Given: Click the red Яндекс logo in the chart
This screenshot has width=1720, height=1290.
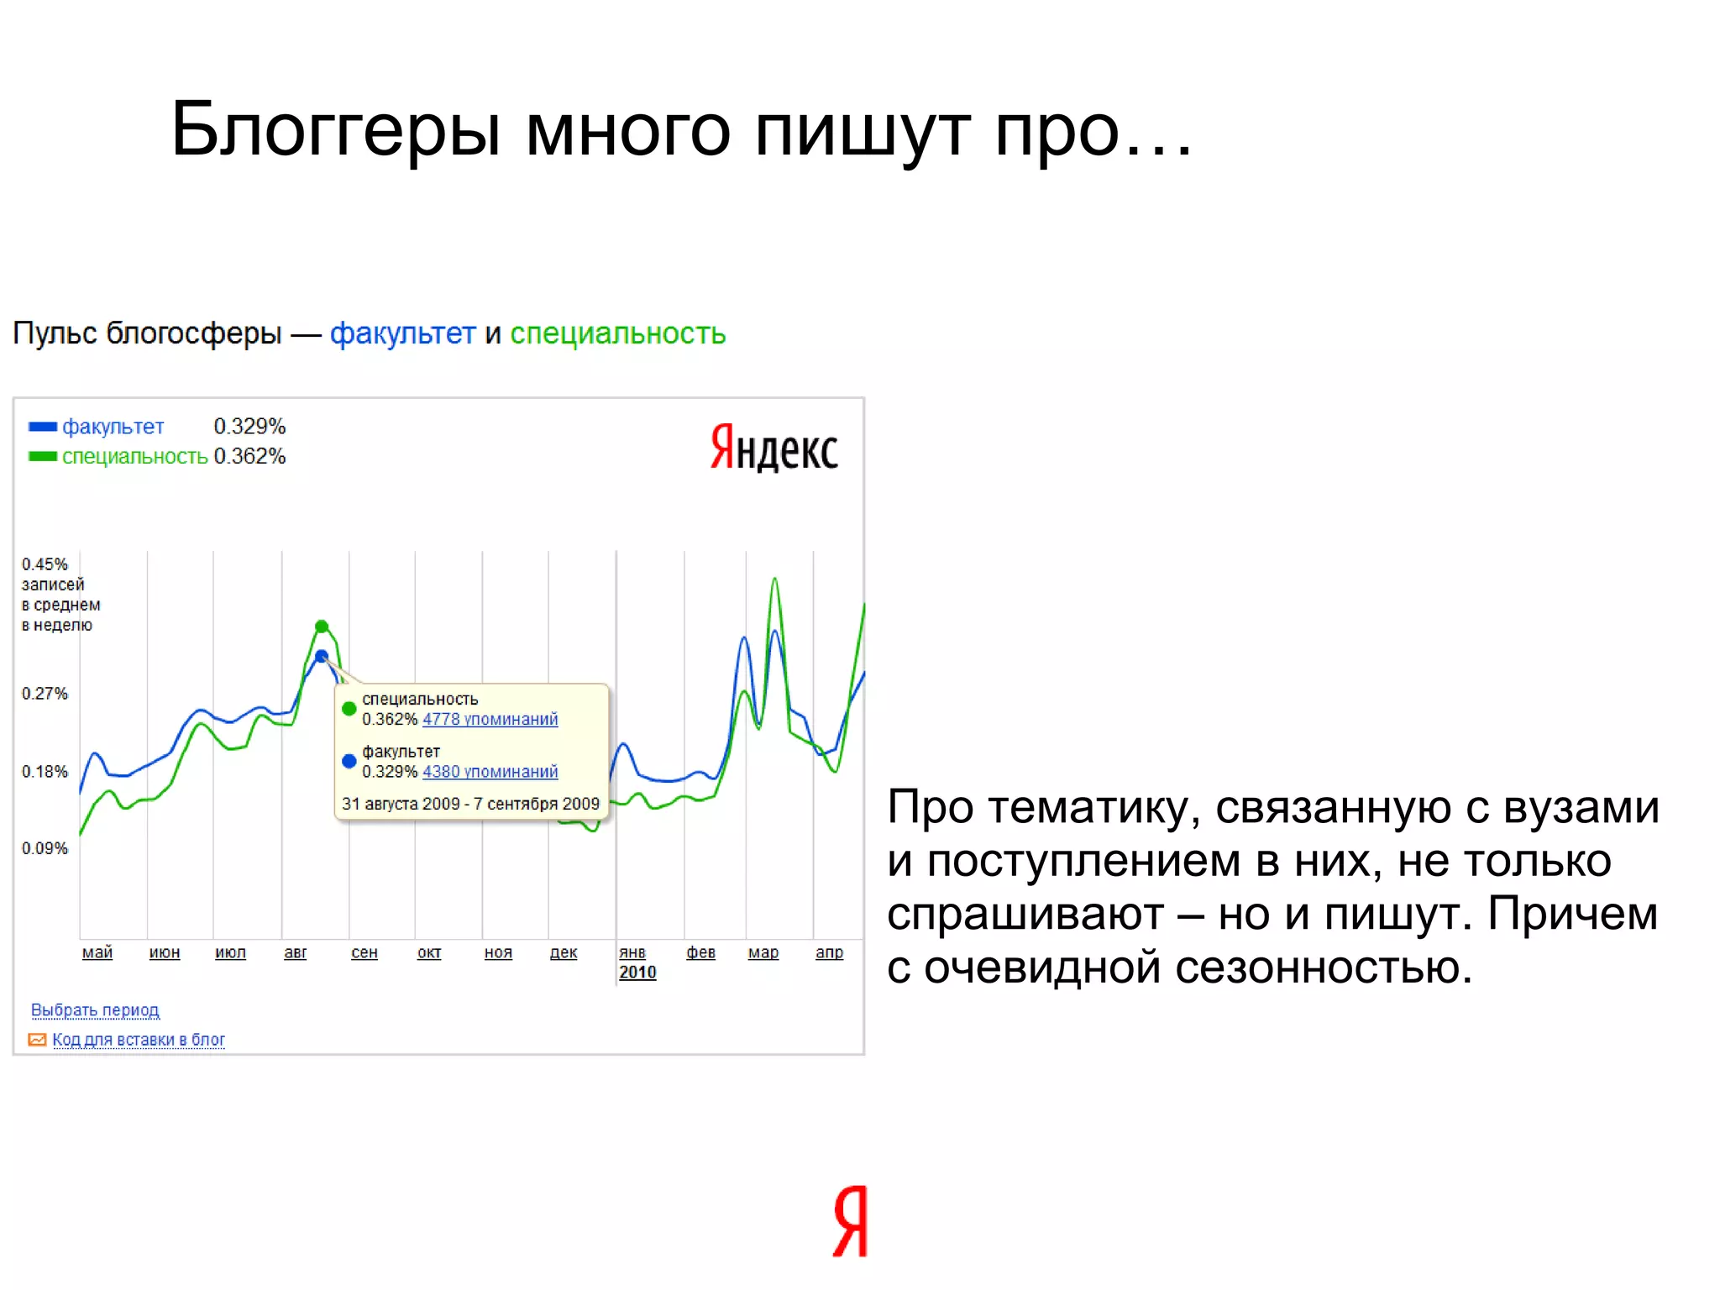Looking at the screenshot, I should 773,448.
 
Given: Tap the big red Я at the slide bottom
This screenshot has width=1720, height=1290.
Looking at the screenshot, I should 850,1221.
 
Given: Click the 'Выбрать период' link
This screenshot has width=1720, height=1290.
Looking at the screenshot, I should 95,1010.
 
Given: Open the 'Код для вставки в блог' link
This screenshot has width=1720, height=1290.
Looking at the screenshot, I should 139,1040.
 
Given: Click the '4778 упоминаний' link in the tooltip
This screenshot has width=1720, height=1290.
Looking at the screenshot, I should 490,720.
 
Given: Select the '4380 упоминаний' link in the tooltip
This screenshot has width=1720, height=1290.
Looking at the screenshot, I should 490,772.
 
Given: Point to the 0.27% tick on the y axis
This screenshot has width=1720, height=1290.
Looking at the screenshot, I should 45,694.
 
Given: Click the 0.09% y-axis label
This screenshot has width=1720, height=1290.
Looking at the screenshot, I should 45,848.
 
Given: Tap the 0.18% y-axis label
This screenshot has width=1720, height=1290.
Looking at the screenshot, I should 45,772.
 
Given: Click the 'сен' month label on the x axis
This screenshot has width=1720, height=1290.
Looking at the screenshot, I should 364,952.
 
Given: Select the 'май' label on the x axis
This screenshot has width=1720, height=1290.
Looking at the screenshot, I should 97,952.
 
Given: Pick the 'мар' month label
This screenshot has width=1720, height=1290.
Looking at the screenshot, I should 763,952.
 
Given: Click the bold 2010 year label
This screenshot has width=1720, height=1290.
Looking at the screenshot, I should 637,973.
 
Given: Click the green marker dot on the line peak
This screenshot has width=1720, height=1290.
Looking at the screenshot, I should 322,627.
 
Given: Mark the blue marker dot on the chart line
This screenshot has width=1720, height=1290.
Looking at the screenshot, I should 322,657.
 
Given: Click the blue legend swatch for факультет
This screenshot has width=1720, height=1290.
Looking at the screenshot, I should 43,427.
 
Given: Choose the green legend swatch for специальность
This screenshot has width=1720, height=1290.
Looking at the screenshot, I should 43,457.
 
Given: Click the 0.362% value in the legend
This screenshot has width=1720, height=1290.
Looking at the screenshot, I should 249,457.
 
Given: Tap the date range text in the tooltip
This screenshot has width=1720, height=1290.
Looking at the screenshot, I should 470,804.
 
